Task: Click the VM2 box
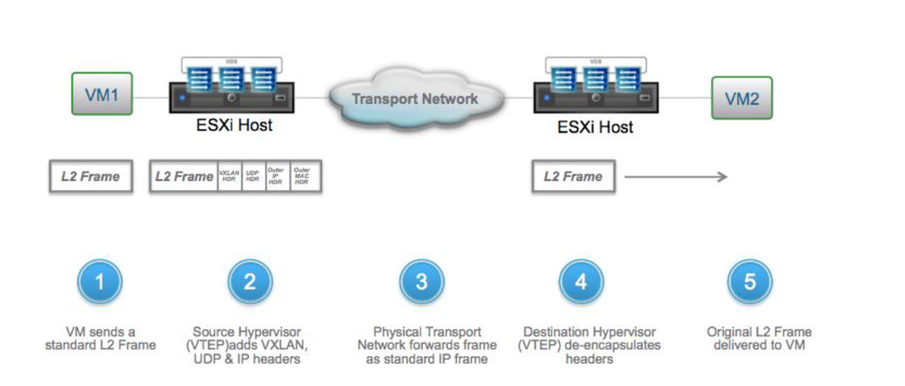(x=741, y=98)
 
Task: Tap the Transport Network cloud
(x=414, y=97)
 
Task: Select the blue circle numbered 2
(x=248, y=282)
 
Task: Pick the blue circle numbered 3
(x=421, y=282)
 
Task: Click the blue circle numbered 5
(x=750, y=282)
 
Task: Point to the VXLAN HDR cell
(x=229, y=176)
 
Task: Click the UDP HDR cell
(x=252, y=176)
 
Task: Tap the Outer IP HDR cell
(x=276, y=176)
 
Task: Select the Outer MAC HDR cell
(x=302, y=176)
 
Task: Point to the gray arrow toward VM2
(x=675, y=176)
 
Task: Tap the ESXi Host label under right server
(x=595, y=127)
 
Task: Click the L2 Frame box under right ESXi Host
(x=572, y=176)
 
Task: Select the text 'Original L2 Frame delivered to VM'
(x=750, y=339)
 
